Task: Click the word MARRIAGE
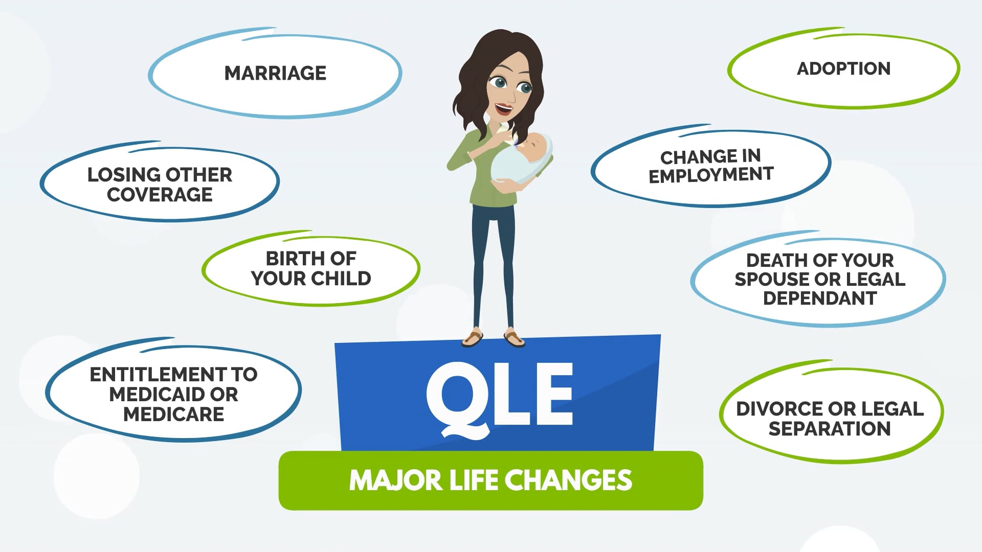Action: click(275, 73)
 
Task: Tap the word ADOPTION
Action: click(843, 68)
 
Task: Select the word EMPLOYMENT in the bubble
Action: click(711, 175)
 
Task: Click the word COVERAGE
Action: click(160, 195)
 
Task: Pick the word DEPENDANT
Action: click(820, 298)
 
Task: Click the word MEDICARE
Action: click(174, 414)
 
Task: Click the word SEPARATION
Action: click(830, 428)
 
